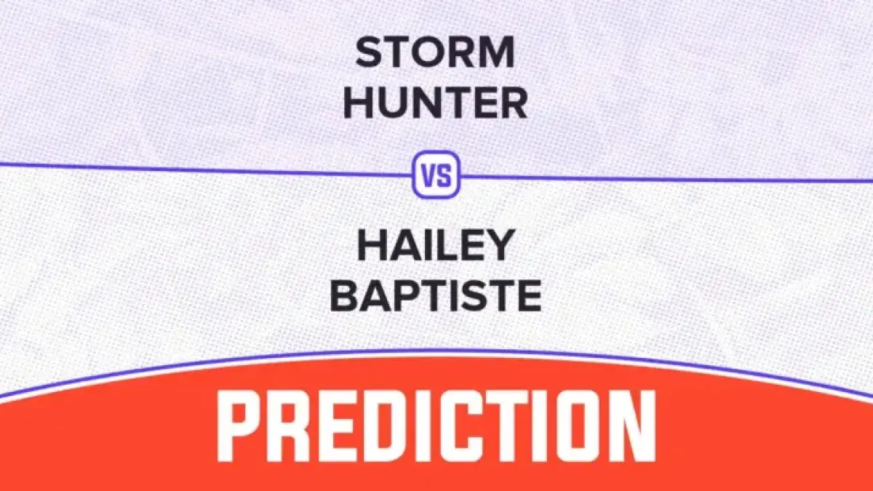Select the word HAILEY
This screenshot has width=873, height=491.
pos(436,247)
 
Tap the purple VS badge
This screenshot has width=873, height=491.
pos(436,175)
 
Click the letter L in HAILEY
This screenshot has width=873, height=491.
pos(453,247)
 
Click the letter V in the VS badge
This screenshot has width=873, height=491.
pos(429,176)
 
